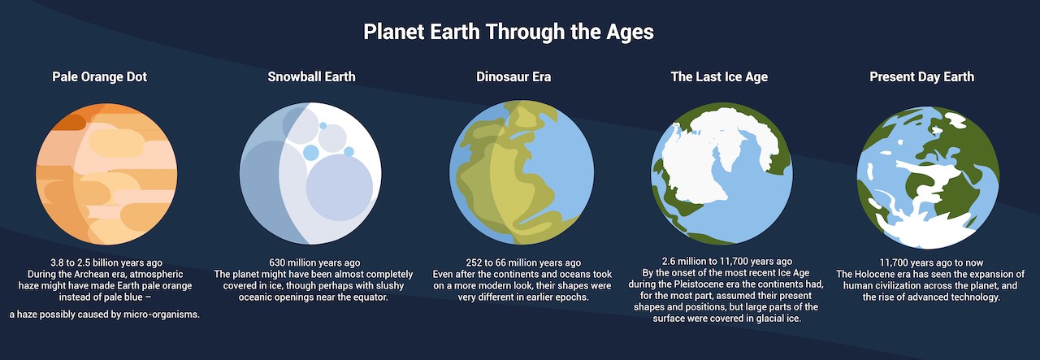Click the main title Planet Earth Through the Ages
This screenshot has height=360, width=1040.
[509, 33]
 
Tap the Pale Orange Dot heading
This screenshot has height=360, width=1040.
[99, 77]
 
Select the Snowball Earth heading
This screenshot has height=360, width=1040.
[311, 77]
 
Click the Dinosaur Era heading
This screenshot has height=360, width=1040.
[513, 77]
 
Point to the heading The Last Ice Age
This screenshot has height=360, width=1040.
[719, 77]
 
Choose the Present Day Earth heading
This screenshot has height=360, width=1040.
[921, 77]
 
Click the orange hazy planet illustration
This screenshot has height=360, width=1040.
[106, 175]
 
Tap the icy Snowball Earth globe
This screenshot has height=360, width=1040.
[310, 175]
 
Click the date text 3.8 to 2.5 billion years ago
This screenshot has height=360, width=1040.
[106, 262]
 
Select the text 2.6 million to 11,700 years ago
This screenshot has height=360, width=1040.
[722, 262]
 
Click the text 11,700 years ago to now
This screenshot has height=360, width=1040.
[929, 262]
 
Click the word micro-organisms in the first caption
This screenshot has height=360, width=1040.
[158, 314]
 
